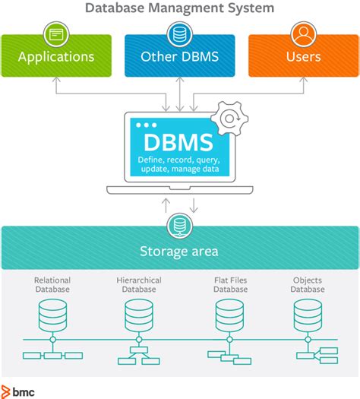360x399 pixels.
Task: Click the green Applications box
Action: tap(56, 55)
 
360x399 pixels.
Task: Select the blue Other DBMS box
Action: tap(179, 55)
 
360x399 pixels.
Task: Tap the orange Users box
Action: tap(303, 55)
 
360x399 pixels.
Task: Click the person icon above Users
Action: tap(303, 33)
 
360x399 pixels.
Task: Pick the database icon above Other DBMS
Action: tap(179, 33)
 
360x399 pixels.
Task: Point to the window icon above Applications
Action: tap(56, 33)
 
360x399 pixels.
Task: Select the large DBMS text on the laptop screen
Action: tap(179, 141)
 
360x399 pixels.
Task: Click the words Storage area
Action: tap(179, 252)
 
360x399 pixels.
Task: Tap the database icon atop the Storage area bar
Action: tap(179, 226)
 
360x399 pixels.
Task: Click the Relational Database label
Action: tap(52, 285)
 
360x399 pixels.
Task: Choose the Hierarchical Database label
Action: tap(138, 285)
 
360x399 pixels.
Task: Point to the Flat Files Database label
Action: tap(230, 285)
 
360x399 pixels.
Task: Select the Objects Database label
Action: tap(308, 285)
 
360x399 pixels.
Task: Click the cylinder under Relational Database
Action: tap(52, 312)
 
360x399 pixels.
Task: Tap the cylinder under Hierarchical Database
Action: tap(138, 312)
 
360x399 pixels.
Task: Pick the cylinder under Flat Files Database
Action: tap(230, 312)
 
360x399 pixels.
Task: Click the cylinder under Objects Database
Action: tap(308, 312)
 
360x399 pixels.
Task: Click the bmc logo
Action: tap(18, 391)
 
